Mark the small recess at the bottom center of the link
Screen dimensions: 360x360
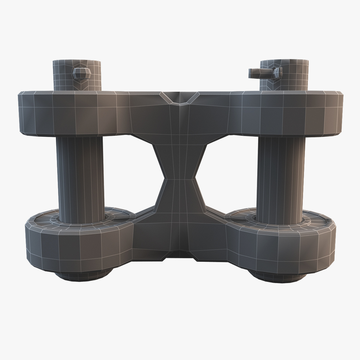pyautogui.click(x=180, y=255)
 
